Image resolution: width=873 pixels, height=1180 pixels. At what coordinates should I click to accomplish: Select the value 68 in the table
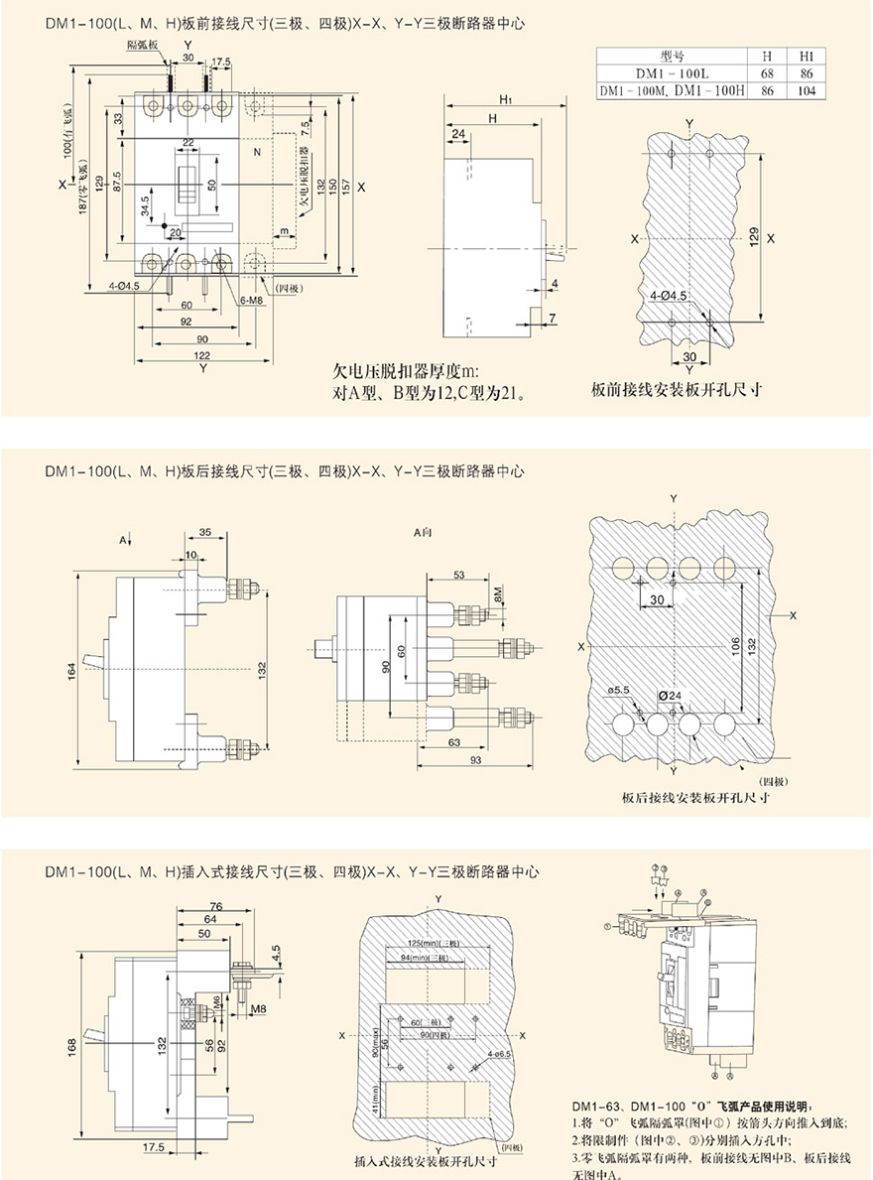pyautogui.click(x=767, y=72)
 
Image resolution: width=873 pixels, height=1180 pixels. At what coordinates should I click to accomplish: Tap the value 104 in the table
pyautogui.click(x=807, y=90)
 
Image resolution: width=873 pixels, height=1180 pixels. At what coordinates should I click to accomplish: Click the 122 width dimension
pyautogui.click(x=201, y=354)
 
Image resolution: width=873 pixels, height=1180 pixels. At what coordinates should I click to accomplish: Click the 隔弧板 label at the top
pyautogui.click(x=142, y=46)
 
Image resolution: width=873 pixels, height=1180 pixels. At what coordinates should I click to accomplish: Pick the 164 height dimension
pyautogui.click(x=71, y=671)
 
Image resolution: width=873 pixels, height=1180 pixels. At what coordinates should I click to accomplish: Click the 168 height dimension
pyautogui.click(x=71, y=1046)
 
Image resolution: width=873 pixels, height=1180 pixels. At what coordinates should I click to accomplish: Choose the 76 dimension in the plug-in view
pyautogui.click(x=215, y=904)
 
